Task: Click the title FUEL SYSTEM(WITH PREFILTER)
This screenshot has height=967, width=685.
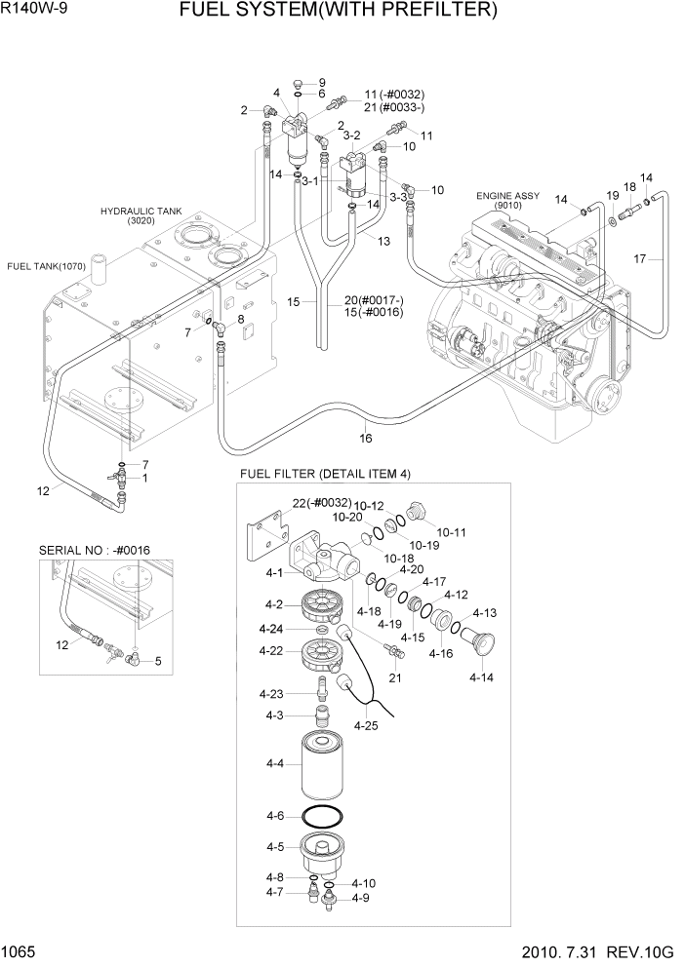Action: pyautogui.click(x=352, y=12)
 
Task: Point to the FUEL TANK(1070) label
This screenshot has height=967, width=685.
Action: pyautogui.click(x=47, y=265)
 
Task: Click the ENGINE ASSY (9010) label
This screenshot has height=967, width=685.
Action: pyautogui.click(x=507, y=201)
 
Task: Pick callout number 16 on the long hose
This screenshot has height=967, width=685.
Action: pyautogui.click(x=366, y=438)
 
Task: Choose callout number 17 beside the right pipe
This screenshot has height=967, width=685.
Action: pyautogui.click(x=640, y=258)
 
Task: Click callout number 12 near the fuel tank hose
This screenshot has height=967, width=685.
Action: pyautogui.click(x=43, y=491)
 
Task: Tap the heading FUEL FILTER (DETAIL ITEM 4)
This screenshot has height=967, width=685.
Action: pyautogui.click(x=325, y=474)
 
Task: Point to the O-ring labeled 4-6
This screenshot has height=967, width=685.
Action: pyautogui.click(x=323, y=816)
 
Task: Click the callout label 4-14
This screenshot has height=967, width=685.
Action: pyautogui.click(x=480, y=677)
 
